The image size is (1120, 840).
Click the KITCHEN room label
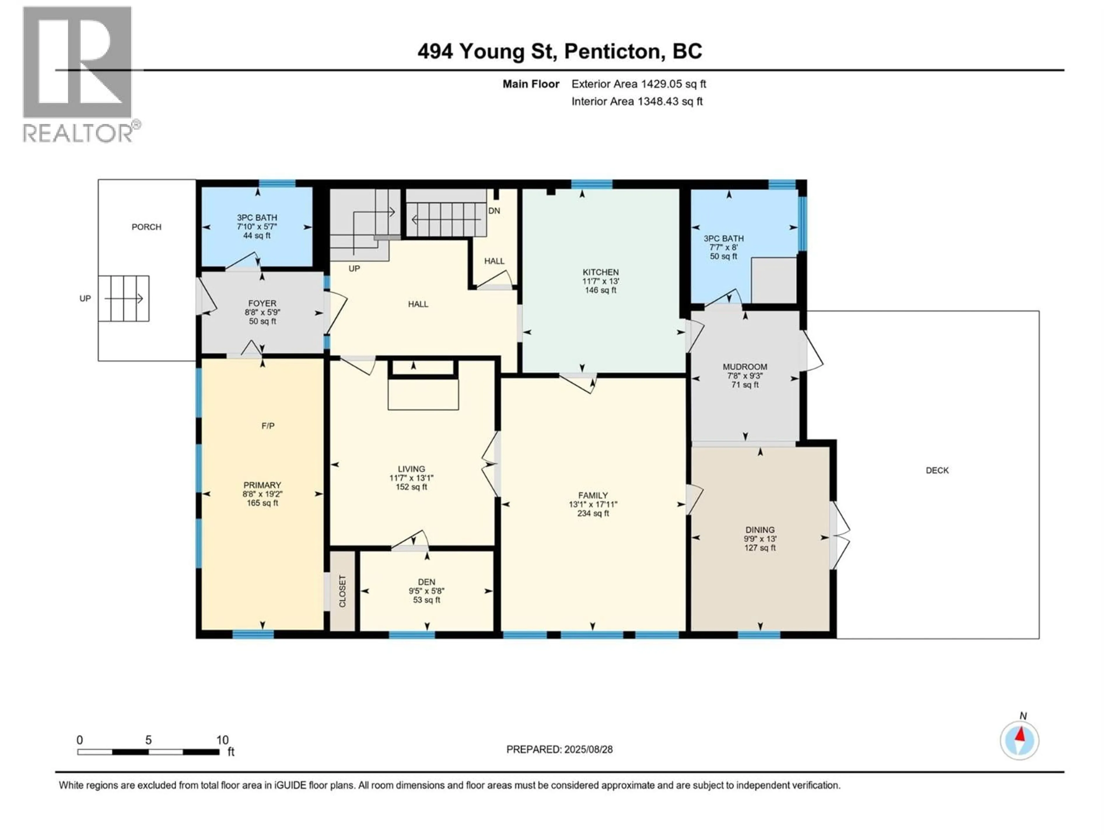pyautogui.click(x=601, y=272)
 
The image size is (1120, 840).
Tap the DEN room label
pyautogui.click(x=426, y=582)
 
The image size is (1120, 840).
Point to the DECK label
pyautogui.click(x=937, y=470)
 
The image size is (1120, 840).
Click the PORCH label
pyautogui.click(x=146, y=227)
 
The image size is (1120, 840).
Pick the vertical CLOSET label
pyautogui.click(x=343, y=591)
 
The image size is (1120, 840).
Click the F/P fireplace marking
pyautogui.click(x=268, y=426)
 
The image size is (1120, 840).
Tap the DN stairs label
pyautogui.click(x=494, y=211)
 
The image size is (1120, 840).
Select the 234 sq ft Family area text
pyautogui.click(x=593, y=513)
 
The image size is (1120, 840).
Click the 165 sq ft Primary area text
pyautogui.click(x=262, y=503)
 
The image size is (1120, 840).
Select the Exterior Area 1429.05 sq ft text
pyautogui.click(x=638, y=84)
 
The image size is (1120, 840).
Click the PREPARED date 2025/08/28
pyautogui.click(x=559, y=749)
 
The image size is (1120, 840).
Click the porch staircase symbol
pyautogui.click(x=124, y=298)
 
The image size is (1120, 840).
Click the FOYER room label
pyautogui.click(x=262, y=303)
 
